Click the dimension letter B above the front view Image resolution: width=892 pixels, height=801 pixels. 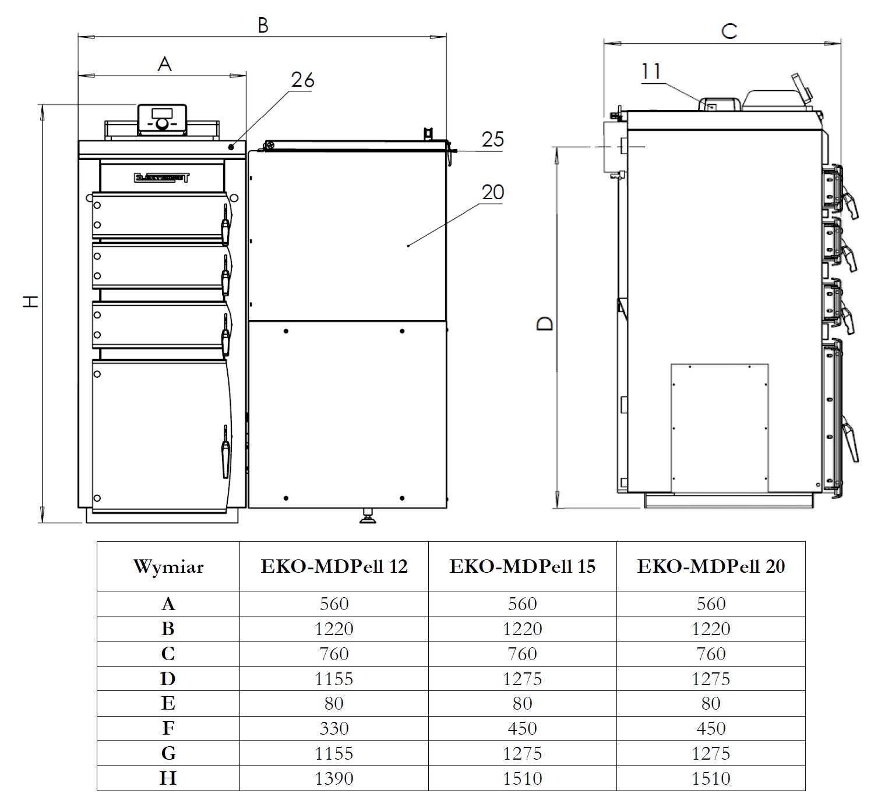[x=263, y=26]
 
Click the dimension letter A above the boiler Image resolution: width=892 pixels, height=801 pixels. [x=164, y=65]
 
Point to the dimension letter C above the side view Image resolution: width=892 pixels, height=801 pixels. [x=729, y=31]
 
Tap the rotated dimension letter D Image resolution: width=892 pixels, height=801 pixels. [x=545, y=324]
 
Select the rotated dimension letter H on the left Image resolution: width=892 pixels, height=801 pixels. [x=31, y=302]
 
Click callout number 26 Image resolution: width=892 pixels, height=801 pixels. [x=302, y=80]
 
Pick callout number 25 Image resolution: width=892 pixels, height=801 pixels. [x=493, y=140]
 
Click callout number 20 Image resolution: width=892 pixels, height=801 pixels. [x=493, y=192]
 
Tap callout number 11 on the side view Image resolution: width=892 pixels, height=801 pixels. [x=651, y=72]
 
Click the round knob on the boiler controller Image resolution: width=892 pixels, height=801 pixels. [x=162, y=124]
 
